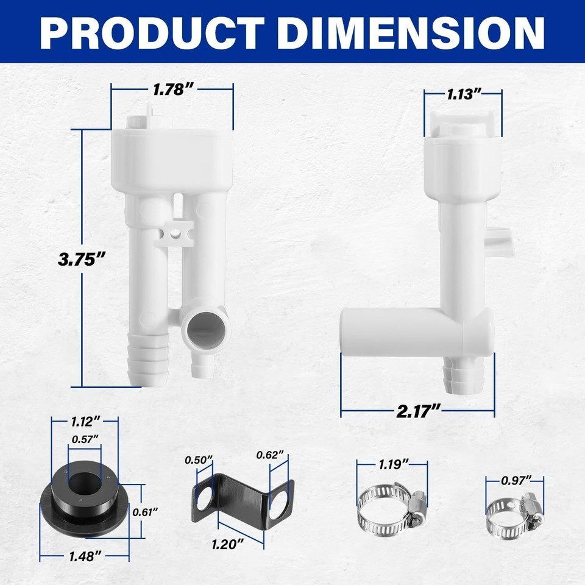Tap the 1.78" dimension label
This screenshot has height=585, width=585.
(172, 90)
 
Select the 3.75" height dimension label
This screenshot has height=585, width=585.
(78, 259)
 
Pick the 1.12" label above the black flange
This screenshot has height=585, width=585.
(85, 421)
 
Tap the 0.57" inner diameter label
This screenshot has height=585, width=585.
(85, 439)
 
